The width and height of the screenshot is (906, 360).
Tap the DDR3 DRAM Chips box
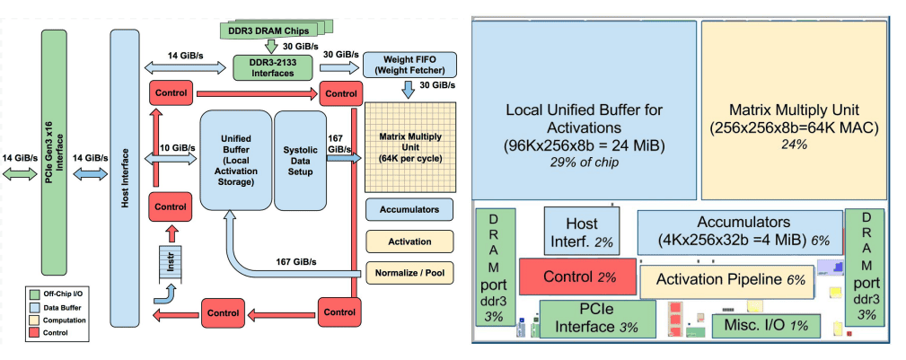(264, 31)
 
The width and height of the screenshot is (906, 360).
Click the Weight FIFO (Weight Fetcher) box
(409, 65)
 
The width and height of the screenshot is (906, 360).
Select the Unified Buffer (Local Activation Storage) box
(235, 158)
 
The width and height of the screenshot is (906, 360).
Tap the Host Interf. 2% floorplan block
(582, 231)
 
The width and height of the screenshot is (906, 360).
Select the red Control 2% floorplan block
(578, 277)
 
